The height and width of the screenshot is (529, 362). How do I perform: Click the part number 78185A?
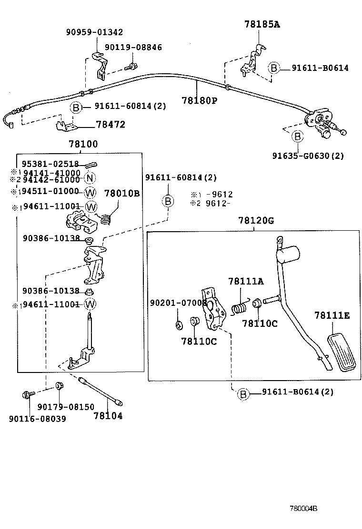[x=262, y=24]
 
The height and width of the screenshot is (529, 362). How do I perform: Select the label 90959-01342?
[x=94, y=32]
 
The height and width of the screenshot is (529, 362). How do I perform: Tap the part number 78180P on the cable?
[x=199, y=100]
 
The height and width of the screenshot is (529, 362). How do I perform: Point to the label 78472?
[x=111, y=125]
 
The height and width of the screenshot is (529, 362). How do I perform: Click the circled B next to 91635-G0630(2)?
[x=297, y=137]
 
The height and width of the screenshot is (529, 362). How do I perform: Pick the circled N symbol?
[x=90, y=179]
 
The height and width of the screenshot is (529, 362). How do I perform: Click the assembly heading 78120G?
[x=256, y=221]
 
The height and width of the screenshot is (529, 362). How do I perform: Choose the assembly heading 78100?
[x=83, y=144]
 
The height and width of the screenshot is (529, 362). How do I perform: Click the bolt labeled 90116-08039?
[x=26, y=394]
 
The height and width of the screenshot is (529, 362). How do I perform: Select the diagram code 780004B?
[x=303, y=508]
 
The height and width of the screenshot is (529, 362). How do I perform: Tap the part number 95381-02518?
[x=50, y=164]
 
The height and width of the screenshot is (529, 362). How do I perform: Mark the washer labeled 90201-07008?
[x=179, y=325]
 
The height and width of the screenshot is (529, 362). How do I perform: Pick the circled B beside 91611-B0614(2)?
[x=243, y=393]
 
